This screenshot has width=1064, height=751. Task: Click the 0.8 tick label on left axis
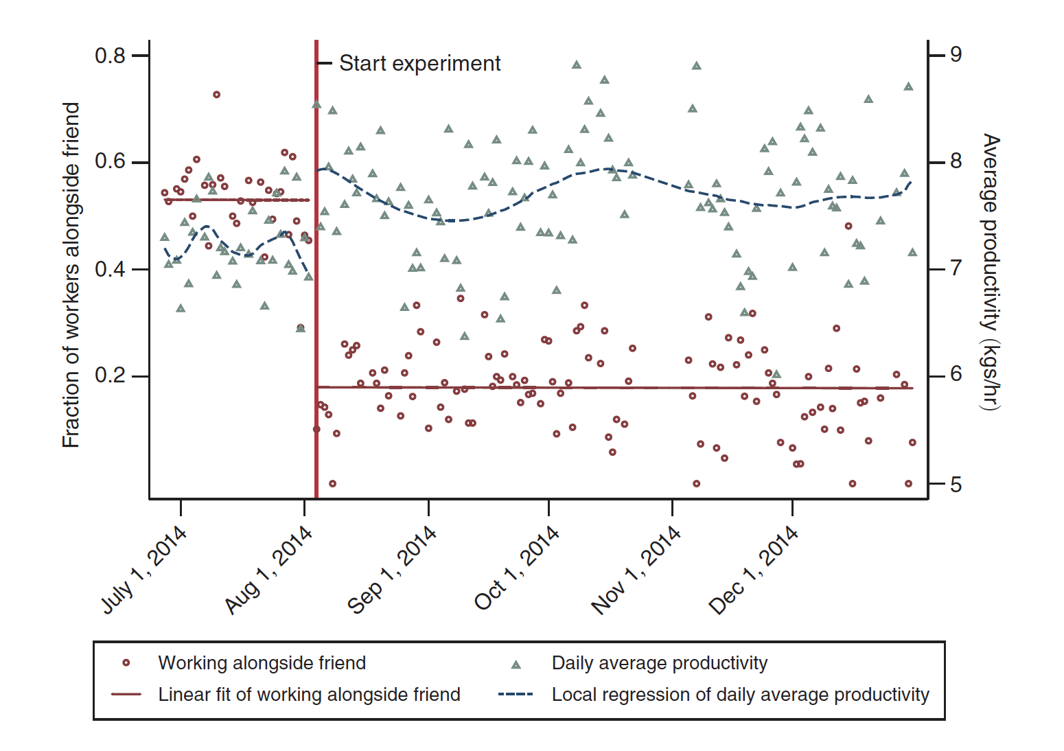[x=110, y=56]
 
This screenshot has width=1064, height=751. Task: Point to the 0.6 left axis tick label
[x=110, y=162]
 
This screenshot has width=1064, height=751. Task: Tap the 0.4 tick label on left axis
[x=110, y=269]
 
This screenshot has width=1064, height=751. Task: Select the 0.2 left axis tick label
[x=110, y=375]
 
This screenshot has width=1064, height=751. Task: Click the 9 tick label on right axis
[x=956, y=54]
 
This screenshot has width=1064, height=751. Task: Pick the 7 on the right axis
[x=956, y=268]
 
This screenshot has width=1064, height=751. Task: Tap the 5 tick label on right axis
[x=956, y=485]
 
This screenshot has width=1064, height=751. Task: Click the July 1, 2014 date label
[x=144, y=570]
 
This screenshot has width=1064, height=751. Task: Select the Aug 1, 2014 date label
[x=268, y=570]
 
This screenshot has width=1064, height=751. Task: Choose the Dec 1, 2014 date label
[x=754, y=570]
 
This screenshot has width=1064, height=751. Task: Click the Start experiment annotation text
[x=419, y=63]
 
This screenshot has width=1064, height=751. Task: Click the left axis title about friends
[x=71, y=275]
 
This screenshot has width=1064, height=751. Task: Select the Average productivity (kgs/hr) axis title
[x=990, y=272]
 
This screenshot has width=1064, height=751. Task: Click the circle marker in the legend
[x=126, y=663]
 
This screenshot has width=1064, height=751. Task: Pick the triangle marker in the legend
[x=516, y=665]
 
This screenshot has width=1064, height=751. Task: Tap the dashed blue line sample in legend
[x=516, y=695]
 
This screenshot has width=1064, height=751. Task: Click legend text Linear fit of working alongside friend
[x=309, y=695]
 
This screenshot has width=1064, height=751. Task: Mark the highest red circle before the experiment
[x=216, y=95]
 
